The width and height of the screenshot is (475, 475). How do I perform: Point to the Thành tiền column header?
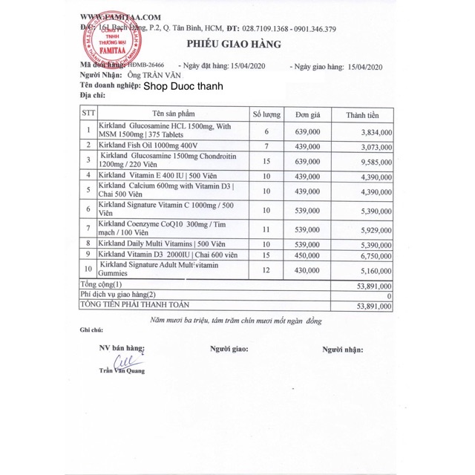(x=362, y=115)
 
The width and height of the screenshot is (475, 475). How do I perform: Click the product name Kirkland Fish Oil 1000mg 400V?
(x=151, y=145)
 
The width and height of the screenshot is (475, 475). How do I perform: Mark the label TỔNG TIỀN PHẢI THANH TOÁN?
(x=135, y=304)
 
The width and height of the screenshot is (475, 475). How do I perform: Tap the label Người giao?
(x=229, y=348)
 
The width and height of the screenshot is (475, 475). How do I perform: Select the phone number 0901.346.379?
(x=309, y=29)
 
